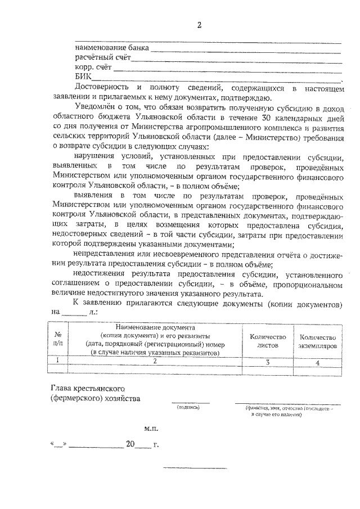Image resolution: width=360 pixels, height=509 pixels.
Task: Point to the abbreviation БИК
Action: tap(82, 77)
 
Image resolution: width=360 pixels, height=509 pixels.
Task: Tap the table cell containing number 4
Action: tap(318, 362)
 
